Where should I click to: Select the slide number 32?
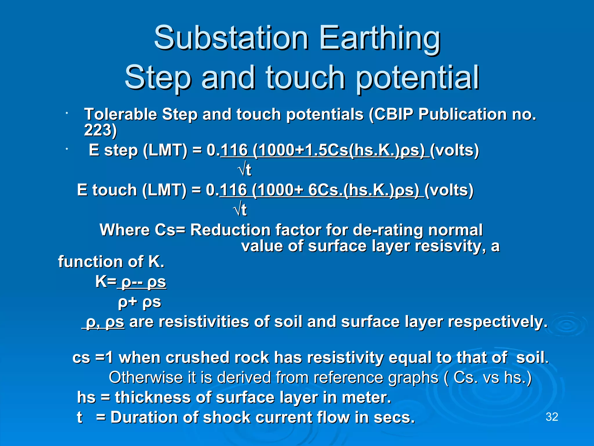click(x=552, y=417)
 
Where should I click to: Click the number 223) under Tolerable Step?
click(x=100, y=130)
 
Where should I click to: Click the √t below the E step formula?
click(x=245, y=170)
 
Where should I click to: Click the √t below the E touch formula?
click(x=240, y=210)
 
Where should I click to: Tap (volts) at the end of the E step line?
click(x=454, y=150)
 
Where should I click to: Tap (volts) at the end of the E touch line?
click(x=449, y=190)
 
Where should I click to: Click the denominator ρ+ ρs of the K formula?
click(x=140, y=302)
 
